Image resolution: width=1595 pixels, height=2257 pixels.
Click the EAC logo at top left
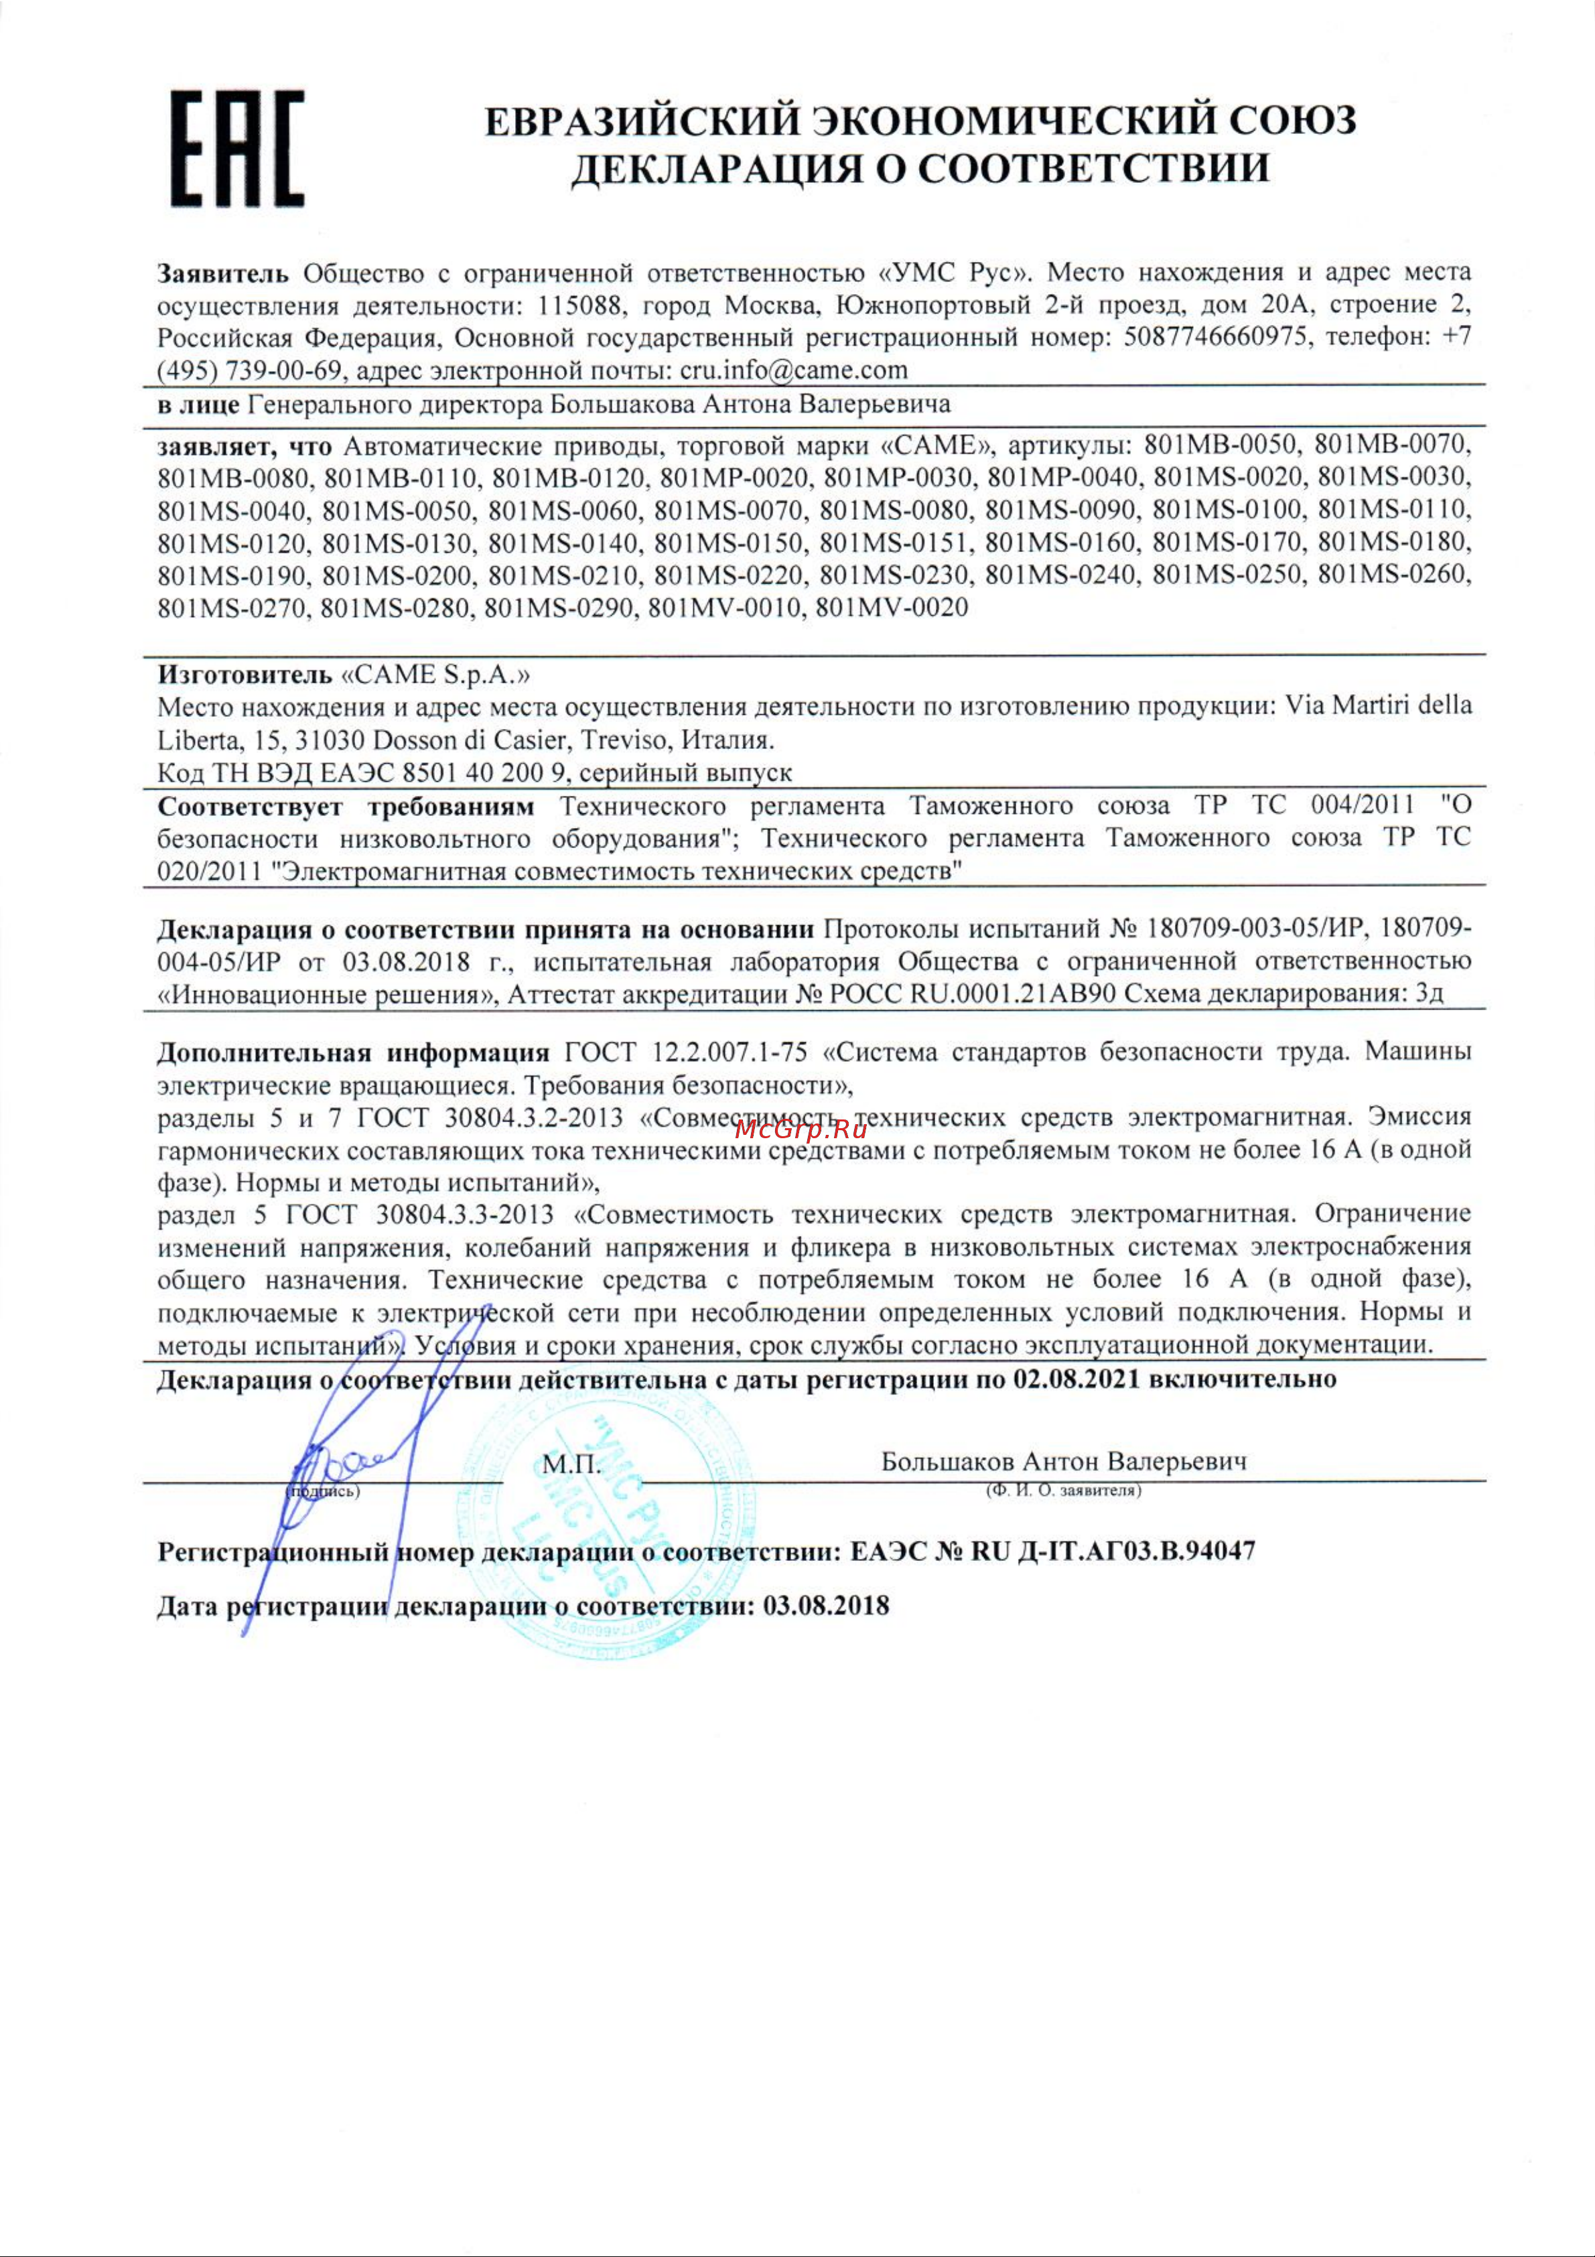click(237, 149)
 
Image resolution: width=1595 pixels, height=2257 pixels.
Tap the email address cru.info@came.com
click(793, 370)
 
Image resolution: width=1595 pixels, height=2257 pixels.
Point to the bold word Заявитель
click(223, 272)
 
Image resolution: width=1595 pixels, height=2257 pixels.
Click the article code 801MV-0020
click(892, 608)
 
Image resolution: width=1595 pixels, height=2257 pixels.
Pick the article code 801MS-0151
click(894, 543)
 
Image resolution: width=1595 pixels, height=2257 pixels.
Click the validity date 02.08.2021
click(1076, 1379)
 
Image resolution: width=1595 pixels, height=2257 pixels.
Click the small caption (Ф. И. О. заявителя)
click(1063, 1490)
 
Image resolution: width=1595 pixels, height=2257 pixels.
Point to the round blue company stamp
click(610, 1533)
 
